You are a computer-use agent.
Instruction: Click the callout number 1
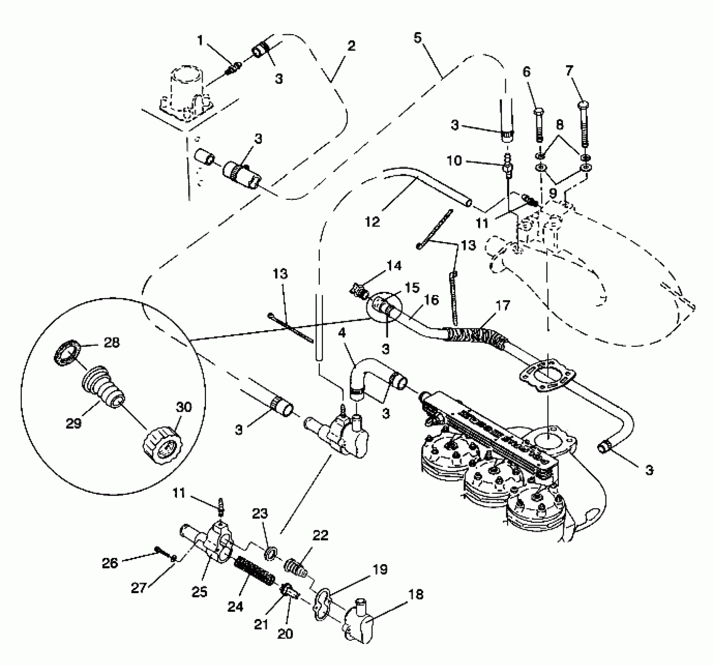point(200,40)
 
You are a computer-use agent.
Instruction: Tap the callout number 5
point(417,38)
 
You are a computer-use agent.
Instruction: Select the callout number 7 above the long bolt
point(569,71)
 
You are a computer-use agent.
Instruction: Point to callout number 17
point(503,305)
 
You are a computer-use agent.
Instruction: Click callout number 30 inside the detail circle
point(184,407)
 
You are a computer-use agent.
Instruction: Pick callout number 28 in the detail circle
point(112,342)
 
